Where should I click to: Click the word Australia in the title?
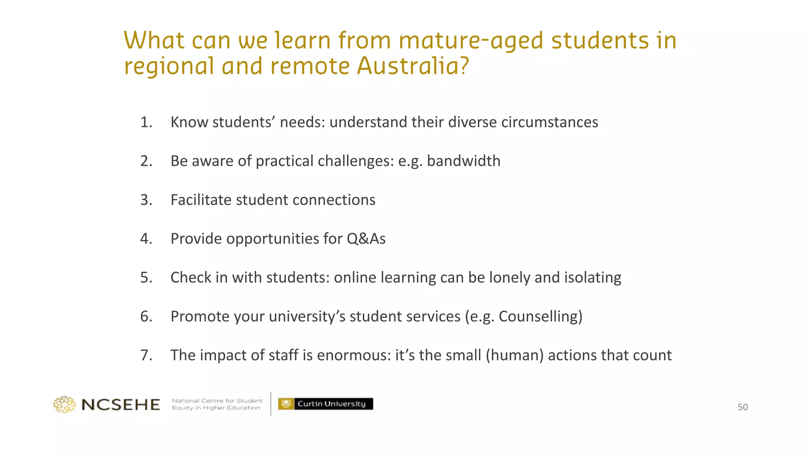point(413,66)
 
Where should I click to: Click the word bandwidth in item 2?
point(464,161)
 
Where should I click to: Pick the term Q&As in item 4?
point(366,239)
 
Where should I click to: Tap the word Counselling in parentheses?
point(540,317)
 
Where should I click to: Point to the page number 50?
point(742,407)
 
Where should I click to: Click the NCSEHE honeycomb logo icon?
point(64,404)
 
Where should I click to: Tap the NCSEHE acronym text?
point(121,405)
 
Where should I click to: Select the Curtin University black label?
point(331,404)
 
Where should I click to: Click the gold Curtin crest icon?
point(286,404)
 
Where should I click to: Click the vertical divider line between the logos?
point(271,404)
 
